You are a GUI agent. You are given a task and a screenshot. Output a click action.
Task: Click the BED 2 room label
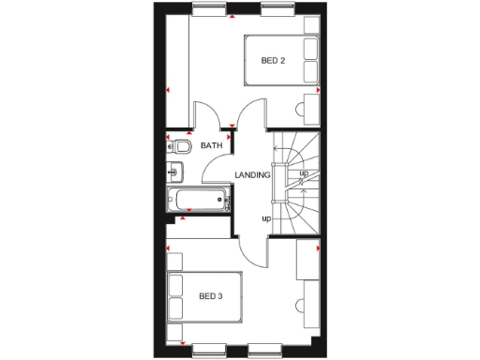coord(273,62)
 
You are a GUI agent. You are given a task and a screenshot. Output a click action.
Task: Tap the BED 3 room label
coord(211,297)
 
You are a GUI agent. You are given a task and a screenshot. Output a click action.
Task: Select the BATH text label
coord(211,145)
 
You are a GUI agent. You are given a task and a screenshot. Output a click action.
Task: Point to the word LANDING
coord(253,175)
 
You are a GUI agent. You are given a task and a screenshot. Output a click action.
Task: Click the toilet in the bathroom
coord(181,146)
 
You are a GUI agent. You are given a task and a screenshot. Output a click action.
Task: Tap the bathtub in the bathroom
coord(197,199)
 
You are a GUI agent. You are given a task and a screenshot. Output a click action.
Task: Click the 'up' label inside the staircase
coord(303,174)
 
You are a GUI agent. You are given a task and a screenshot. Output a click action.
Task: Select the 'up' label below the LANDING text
coord(266,219)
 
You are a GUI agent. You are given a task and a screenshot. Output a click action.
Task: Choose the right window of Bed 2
coord(275,11)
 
